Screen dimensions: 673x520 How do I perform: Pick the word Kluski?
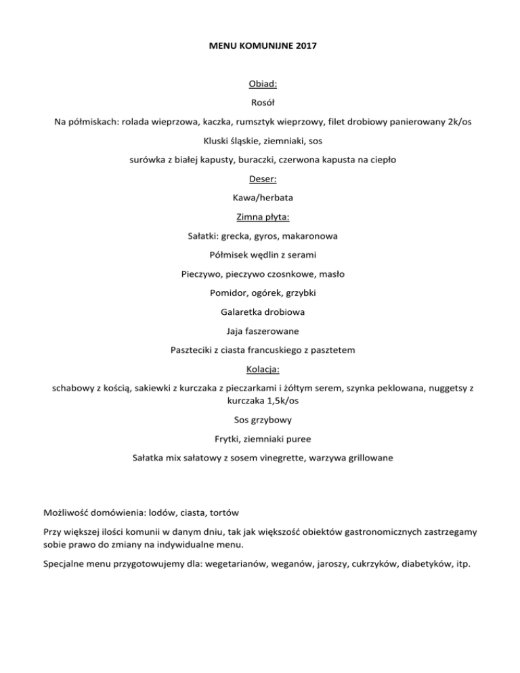coord(219,142)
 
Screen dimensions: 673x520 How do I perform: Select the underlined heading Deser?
coord(260,180)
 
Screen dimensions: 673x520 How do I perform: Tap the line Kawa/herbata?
coord(260,199)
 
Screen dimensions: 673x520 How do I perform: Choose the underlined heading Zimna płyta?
coord(260,218)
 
